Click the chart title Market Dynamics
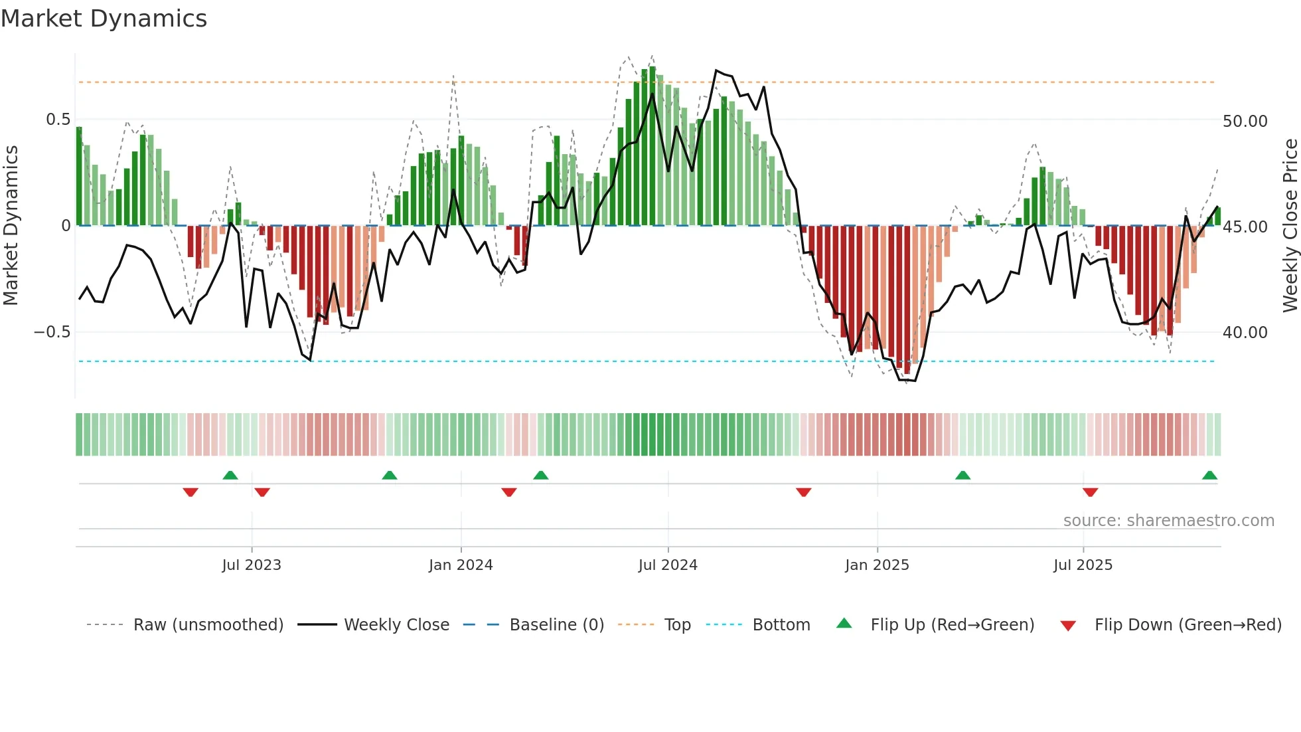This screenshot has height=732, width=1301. (104, 19)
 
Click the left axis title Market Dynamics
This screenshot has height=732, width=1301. (11, 225)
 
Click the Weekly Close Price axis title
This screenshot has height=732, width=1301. (1290, 225)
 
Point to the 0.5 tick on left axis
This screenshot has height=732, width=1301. (58, 120)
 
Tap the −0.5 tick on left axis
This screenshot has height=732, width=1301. (52, 332)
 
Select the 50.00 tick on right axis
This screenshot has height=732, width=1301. (1245, 122)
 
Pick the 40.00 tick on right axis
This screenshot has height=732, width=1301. (1245, 333)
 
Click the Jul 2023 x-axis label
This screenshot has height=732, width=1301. (252, 565)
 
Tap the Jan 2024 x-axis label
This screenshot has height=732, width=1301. (461, 565)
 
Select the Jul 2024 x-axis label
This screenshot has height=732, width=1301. (668, 565)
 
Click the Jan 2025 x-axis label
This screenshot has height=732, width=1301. (877, 565)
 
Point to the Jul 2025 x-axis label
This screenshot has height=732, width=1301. (1083, 565)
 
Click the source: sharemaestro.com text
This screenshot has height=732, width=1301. (1168, 521)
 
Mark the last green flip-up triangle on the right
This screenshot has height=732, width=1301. (1209, 476)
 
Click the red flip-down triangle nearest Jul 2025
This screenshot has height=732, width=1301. (1090, 492)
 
